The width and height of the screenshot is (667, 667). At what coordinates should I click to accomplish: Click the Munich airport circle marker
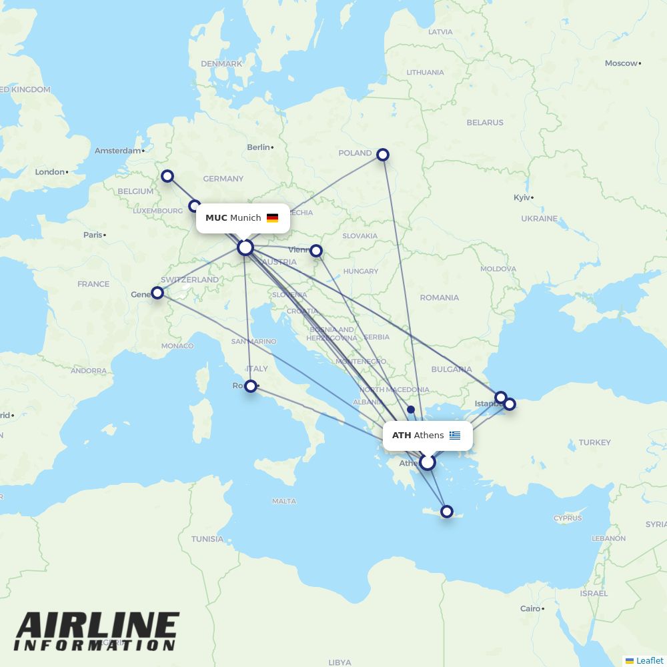pyautogui.click(x=245, y=247)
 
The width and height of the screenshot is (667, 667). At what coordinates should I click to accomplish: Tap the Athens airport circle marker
pyautogui.click(x=427, y=462)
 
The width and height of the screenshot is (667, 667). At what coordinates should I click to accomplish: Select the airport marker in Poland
pyautogui.click(x=383, y=155)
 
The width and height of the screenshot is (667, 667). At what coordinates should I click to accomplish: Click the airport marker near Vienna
pyautogui.click(x=316, y=251)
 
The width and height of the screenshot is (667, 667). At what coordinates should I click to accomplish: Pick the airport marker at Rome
pyautogui.click(x=251, y=386)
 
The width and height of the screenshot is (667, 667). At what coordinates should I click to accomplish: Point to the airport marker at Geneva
pyautogui.click(x=157, y=293)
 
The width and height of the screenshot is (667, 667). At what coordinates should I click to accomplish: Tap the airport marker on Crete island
pyautogui.click(x=447, y=512)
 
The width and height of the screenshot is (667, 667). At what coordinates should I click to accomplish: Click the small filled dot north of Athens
pyautogui.click(x=411, y=410)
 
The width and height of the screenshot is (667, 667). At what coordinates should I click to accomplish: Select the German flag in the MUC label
pyautogui.click(x=272, y=218)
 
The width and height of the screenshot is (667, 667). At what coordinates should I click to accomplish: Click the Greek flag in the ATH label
pyautogui.click(x=455, y=436)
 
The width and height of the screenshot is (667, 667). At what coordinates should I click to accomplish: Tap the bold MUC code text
pyautogui.click(x=216, y=218)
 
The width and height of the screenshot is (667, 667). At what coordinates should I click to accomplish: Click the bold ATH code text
pyautogui.click(x=402, y=436)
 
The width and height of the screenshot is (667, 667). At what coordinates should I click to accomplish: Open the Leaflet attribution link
pyautogui.click(x=649, y=660)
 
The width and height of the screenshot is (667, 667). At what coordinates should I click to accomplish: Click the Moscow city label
pyautogui.click(x=621, y=63)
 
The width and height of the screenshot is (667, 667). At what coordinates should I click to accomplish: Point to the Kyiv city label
pyautogui.click(x=522, y=197)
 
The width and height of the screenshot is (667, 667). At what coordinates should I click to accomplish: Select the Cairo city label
pyautogui.click(x=530, y=608)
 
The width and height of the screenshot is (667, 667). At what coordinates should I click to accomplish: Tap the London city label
pyautogui.click(x=50, y=172)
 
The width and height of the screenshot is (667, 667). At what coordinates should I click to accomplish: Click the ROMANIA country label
pyautogui.click(x=440, y=297)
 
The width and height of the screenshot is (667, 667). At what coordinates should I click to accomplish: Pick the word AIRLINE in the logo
pyautogui.click(x=97, y=626)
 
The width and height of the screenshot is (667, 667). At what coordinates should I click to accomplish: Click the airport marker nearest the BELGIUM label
pyautogui.click(x=167, y=176)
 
